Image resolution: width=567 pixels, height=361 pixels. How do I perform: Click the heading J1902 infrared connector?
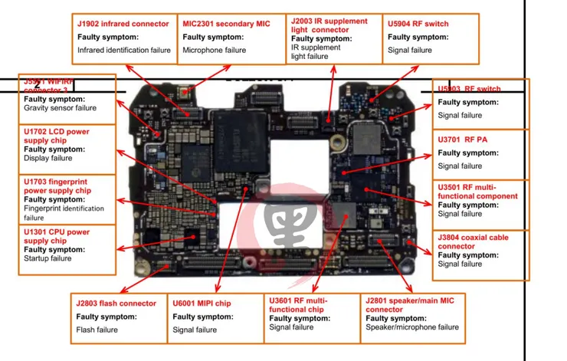pos(123,24)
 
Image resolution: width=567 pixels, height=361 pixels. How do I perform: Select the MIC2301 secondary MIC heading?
pos(226,24)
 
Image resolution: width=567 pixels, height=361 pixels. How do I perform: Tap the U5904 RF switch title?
pos(418,24)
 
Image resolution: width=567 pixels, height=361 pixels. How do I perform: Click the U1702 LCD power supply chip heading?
pos(57,136)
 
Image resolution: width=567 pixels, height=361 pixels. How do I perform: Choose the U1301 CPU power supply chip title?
pos(57,236)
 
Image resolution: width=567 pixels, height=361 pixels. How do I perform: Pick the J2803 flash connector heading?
pos(116,304)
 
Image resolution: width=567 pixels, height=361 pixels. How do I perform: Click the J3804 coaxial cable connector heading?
pos(474,241)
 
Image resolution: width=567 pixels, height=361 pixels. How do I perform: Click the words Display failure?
pos(48,158)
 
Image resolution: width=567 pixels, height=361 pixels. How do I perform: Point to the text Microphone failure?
pos(215,50)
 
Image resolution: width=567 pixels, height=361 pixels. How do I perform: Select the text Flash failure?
pos(97,330)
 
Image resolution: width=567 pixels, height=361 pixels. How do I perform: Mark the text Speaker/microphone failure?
pos(412,327)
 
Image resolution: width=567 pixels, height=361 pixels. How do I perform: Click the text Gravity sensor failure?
pos(60,108)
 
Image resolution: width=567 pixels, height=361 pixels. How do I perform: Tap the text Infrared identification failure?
pos(124,50)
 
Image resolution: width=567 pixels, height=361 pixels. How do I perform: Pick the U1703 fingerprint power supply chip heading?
pos(57,185)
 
